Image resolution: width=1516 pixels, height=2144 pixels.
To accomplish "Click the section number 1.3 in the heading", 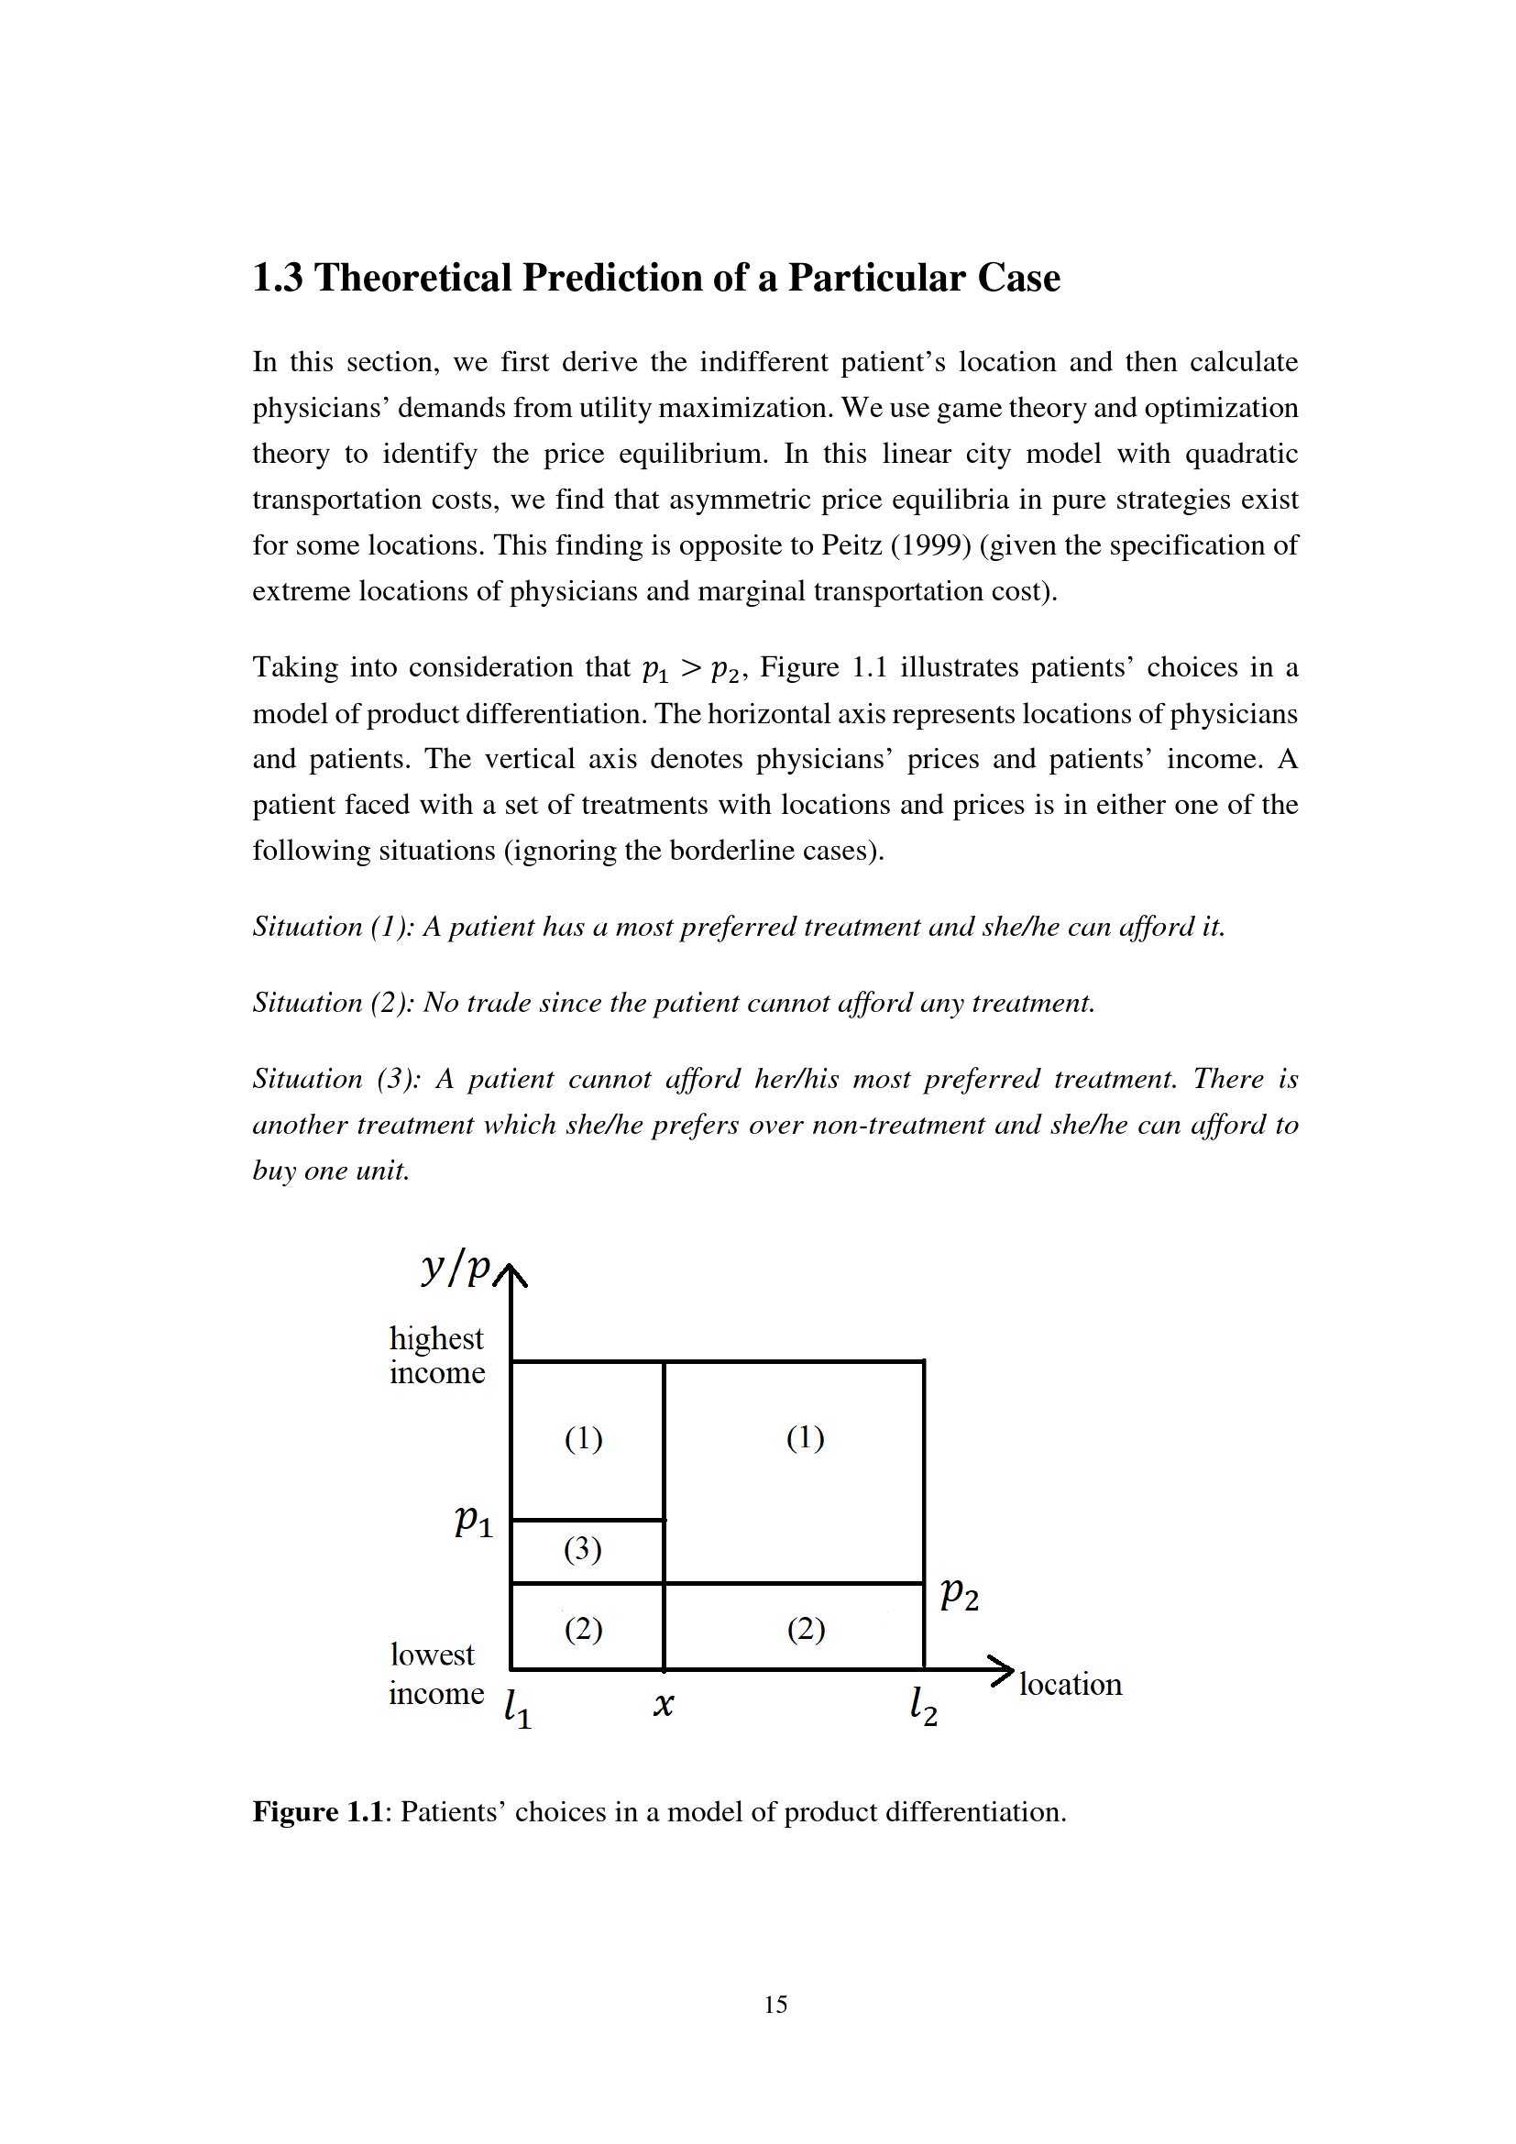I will [277, 279].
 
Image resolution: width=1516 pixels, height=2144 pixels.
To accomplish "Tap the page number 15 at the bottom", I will [774, 2004].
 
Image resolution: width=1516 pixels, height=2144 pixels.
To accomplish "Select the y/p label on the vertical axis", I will [456, 1267].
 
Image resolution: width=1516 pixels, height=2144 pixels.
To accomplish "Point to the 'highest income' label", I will [437, 1355].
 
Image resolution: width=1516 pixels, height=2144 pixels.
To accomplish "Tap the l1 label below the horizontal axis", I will [517, 1708].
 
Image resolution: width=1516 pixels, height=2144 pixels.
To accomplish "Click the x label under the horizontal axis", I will [663, 1705].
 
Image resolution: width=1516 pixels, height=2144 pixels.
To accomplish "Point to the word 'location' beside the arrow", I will [1070, 1684].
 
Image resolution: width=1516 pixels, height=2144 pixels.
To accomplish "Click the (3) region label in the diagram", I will [583, 1549].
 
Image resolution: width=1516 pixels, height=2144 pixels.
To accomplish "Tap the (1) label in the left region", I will [584, 1438].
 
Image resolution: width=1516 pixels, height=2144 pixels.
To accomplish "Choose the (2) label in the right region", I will [806, 1630].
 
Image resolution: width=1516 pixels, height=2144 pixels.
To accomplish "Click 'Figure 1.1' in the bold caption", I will [318, 1811].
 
